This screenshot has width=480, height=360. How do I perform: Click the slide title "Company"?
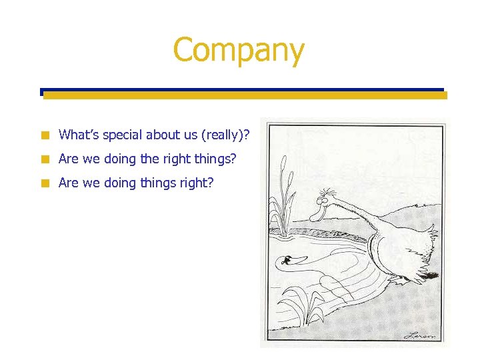tap(239, 50)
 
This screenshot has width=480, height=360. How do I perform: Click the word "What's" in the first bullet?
tap(77, 135)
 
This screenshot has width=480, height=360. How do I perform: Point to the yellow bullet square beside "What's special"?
tap(44, 135)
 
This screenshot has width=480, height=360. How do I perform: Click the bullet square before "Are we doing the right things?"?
tap(44, 159)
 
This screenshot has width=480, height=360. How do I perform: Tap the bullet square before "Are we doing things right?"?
tap(44, 183)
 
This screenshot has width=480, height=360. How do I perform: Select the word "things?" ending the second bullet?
tap(218, 159)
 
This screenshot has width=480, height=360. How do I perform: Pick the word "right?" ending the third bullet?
tap(197, 183)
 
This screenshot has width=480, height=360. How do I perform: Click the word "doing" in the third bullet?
tap(119, 183)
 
